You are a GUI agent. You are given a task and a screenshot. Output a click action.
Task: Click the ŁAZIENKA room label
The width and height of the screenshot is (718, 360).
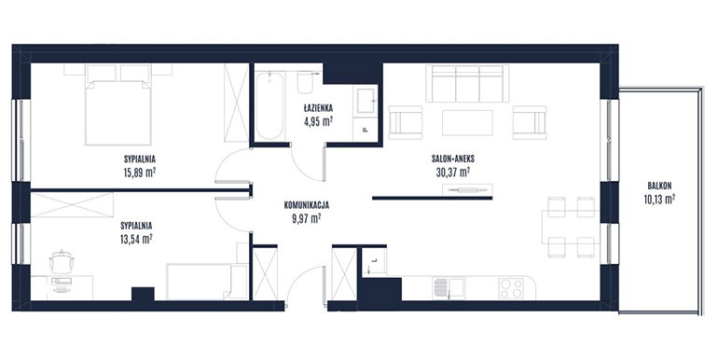point(318,108)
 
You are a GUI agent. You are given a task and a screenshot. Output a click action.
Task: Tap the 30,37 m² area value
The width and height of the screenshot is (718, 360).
point(453,173)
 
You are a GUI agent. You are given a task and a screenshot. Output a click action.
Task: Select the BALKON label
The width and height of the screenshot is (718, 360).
point(659,186)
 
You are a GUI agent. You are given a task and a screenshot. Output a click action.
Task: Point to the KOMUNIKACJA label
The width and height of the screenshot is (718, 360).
point(307,205)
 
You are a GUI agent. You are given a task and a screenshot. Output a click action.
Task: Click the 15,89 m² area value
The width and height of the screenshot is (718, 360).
point(140,173)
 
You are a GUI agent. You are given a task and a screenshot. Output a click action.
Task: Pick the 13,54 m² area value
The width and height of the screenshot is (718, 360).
point(136,239)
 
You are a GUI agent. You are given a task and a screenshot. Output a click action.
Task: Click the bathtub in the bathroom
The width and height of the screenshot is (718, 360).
point(269,105)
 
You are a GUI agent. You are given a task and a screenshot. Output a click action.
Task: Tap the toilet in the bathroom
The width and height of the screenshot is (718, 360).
point(305,81)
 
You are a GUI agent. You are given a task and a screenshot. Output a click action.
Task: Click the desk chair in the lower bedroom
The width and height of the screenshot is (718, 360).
point(62,262)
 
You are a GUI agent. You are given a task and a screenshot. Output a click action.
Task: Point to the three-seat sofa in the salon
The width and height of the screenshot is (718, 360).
point(467,83)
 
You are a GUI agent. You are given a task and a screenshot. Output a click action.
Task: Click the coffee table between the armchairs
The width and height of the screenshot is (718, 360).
point(467,122)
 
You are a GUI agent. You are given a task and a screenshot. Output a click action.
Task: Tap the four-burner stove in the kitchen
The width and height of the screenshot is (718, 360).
point(512,288)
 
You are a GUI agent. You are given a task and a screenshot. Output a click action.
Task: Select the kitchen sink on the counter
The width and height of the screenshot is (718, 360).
point(449,287)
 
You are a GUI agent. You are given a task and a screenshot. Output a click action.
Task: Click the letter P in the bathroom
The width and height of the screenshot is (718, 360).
point(365,130)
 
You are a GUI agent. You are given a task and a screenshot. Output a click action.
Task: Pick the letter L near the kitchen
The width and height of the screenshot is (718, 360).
point(374,260)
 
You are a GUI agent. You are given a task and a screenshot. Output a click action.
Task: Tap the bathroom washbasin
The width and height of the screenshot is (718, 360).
point(366,101)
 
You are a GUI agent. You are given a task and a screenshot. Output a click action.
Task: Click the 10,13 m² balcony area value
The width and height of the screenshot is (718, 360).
point(659,199)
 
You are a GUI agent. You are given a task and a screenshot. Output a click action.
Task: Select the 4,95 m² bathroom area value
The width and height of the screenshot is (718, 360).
point(318,122)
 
